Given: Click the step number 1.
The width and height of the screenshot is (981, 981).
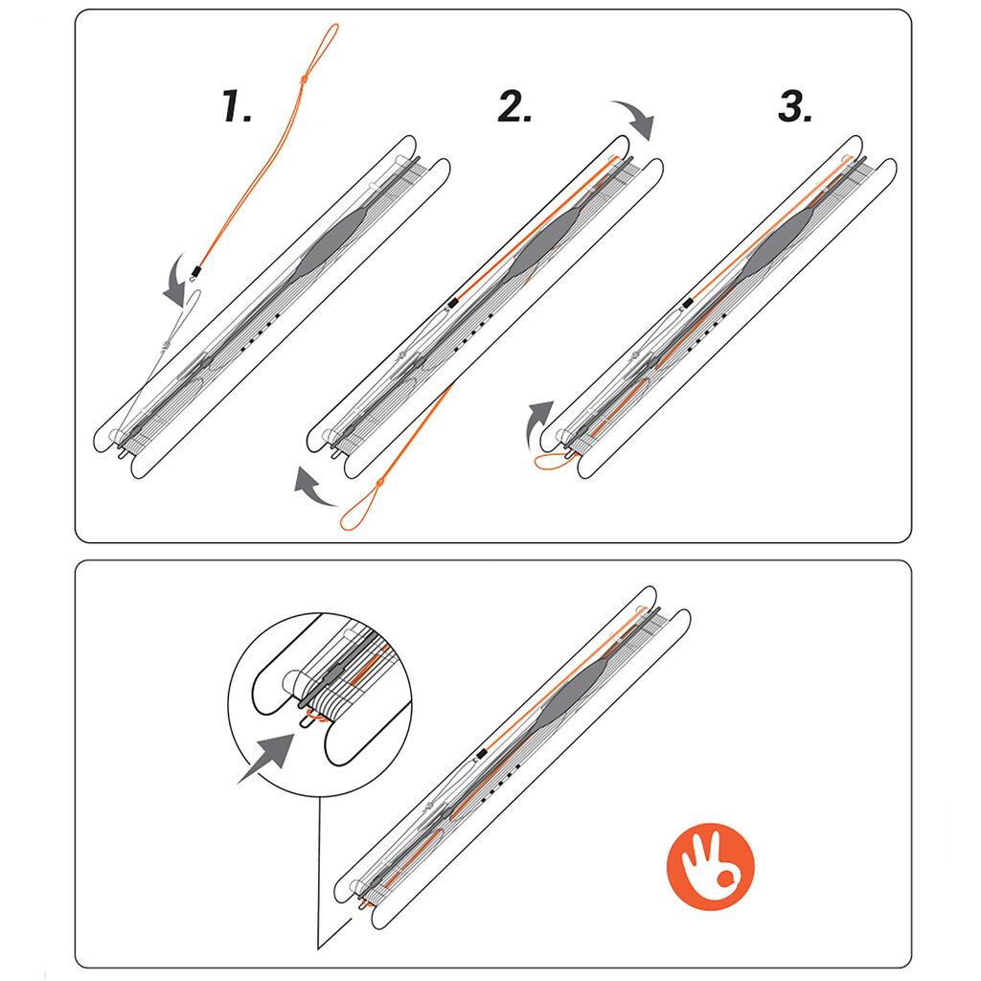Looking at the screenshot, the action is tap(237, 105).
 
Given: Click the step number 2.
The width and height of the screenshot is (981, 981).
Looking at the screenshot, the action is tap(514, 105).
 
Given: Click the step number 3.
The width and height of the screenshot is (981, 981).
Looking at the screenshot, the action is tap(794, 105).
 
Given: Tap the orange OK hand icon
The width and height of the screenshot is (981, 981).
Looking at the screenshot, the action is tap(711, 866).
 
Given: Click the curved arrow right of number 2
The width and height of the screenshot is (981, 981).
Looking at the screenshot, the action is tap(634, 119).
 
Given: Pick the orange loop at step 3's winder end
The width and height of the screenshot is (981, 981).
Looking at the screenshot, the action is tap(553, 463).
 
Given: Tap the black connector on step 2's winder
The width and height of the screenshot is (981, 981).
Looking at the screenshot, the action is tap(452, 304).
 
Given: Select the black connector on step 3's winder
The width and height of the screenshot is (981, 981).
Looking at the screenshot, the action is tap(687, 304).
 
